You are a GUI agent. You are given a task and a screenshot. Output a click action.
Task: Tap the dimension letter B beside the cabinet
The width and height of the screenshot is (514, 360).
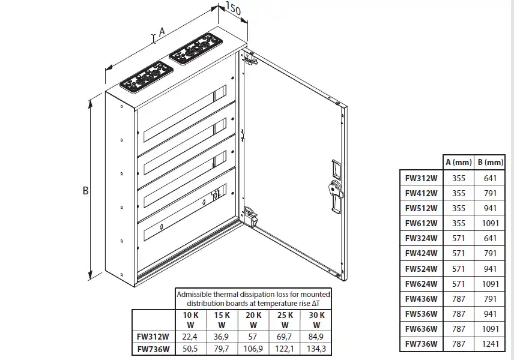pos(85,190)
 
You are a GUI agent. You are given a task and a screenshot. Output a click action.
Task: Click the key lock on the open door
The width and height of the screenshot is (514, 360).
pos(336,189)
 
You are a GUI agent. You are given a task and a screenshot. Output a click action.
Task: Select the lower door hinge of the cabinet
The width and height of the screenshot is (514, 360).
pos(250,217)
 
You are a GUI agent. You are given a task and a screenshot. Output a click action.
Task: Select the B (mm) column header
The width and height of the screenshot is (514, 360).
pos(491,163)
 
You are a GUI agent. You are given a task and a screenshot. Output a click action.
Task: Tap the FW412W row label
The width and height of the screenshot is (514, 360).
pos(421,193)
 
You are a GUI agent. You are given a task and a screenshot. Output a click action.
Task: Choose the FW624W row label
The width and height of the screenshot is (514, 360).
pos(421,284)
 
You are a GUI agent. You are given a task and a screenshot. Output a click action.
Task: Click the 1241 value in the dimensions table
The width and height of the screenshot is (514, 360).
pos(491,344)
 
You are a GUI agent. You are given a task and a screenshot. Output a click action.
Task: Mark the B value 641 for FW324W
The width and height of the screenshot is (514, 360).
pos(491,238)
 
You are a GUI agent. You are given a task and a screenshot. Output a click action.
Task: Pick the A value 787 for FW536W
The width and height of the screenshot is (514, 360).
pos(459,314)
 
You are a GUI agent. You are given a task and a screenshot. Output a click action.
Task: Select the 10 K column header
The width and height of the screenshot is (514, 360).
pos(190,319)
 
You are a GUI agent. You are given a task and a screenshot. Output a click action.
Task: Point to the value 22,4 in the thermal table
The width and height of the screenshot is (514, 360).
pos(190,336)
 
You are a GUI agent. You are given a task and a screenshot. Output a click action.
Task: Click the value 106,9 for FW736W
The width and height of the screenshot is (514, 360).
pos(253,347)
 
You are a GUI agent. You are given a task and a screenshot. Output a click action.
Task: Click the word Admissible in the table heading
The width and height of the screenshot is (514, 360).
pos(195,294)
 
